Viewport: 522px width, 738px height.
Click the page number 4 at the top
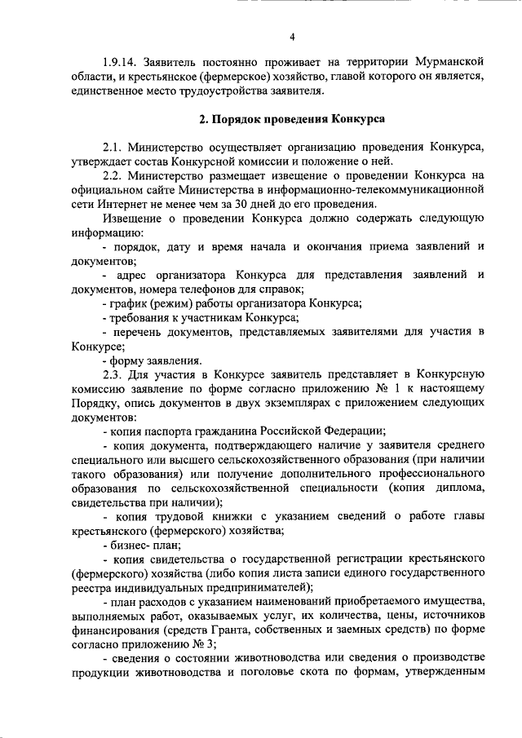(292, 36)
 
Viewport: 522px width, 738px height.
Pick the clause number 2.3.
(117, 375)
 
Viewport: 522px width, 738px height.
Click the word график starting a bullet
(131, 303)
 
